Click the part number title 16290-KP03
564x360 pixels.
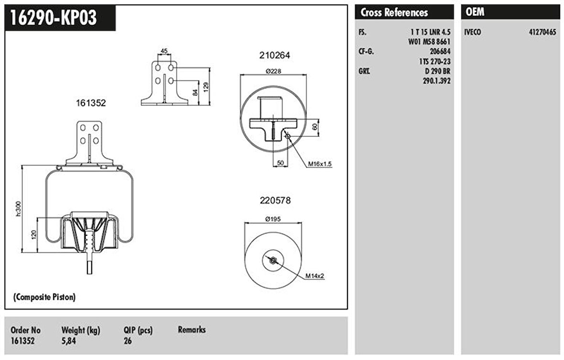(x=54, y=18)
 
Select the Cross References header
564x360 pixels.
(x=394, y=12)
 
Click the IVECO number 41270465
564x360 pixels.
(x=542, y=33)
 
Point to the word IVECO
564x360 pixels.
(x=473, y=33)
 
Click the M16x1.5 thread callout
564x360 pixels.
(x=320, y=164)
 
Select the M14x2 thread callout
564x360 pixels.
(x=315, y=276)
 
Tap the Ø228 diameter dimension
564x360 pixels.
(x=273, y=72)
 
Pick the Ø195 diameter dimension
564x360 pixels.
(x=273, y=219)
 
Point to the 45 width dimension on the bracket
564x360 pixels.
(x=164, y=51)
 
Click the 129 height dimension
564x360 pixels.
(x=206, y=87)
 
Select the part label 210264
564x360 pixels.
(x=274, y=55)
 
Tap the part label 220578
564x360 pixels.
(x=275, y=200)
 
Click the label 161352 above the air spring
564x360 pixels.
(x=90, y=102)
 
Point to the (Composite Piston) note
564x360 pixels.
(x=44, y=297)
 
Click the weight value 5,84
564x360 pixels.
(x=69, y=341)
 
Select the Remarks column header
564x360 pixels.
(x=192, y=329)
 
